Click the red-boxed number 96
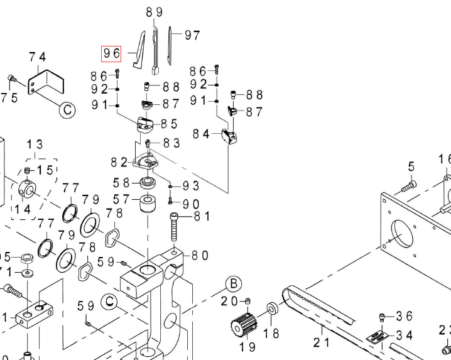(x=112, y=53)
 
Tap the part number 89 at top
(x=154, y=12)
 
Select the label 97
(x=192, y=35)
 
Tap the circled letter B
(x=234, y=283)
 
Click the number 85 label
(x=170, y=124)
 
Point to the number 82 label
(x=119, y=162)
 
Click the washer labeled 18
(x=273, y=310)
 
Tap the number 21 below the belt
(x=322, y=342)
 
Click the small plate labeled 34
(x=377, y=337)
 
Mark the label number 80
(x=200, y=255)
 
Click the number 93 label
(x=191, y=186)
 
